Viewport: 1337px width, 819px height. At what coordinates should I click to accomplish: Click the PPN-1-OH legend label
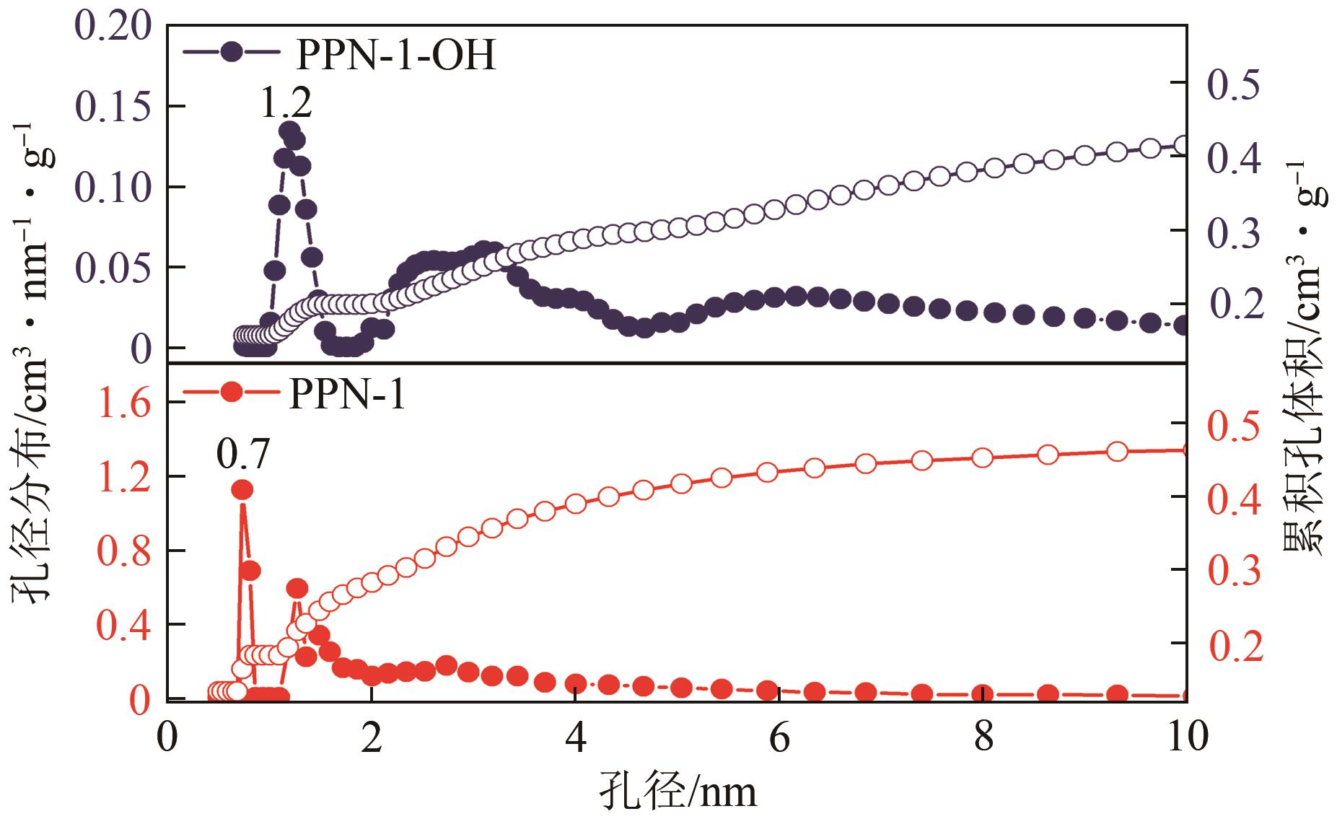(395, 55)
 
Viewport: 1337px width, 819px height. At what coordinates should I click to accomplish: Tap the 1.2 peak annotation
(285, 102)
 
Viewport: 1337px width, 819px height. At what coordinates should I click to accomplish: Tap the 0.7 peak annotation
(242, 455)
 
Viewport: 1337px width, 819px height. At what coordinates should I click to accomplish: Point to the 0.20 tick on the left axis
(112, 27)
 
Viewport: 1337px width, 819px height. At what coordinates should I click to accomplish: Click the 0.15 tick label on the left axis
(112, 108)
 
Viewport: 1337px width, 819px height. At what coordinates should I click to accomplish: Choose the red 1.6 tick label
(124, 402)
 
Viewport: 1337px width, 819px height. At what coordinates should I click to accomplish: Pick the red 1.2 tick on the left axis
(124, 477)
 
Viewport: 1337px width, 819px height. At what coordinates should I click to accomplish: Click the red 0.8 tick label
(124, 551)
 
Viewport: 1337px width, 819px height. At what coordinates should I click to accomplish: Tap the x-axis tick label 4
(575, 738)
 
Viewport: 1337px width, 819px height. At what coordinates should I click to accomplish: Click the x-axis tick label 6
(779, 738)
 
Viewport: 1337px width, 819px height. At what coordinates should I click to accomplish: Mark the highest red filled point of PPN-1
(242, 490)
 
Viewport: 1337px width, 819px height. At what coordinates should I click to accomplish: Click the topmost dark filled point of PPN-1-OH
(289, 131)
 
